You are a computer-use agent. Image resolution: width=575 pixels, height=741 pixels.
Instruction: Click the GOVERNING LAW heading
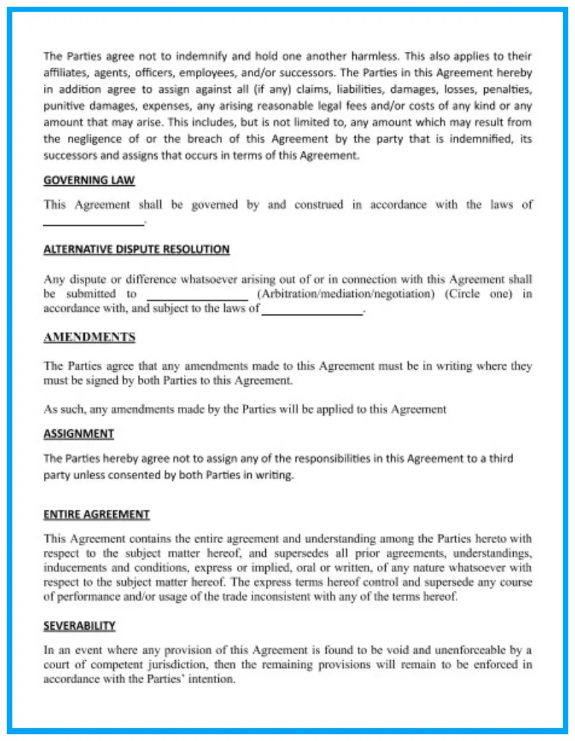pos(89,181)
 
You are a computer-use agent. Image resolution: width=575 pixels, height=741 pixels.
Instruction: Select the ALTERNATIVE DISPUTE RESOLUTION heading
pos(136,249)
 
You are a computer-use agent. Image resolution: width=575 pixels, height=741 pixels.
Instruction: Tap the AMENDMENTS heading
pos(89,337)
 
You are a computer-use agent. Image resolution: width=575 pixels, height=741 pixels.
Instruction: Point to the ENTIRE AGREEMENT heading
pos(96,515)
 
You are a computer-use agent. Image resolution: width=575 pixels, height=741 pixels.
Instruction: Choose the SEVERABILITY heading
pos(79,626)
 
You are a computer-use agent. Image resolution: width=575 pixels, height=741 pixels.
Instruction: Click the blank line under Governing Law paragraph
pos(94,223)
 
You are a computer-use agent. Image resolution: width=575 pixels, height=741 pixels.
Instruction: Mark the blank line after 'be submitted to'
pos(197,298)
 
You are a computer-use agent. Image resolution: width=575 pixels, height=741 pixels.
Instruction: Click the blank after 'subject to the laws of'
pos(312,313)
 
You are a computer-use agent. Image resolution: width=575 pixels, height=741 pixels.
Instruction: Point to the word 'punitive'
pos(63,106)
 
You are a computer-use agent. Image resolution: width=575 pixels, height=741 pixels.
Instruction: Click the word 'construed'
pos(318,205)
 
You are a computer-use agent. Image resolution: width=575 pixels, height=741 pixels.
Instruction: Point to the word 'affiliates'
pos(64,73)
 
